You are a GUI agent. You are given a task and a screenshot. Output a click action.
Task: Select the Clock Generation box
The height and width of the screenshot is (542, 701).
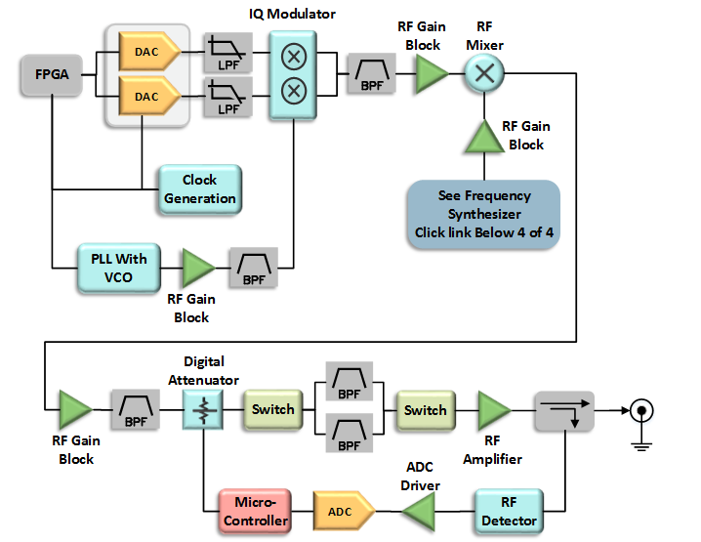click(200, 189)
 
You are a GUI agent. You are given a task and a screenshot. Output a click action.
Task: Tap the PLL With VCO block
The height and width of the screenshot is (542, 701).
click(118, 268)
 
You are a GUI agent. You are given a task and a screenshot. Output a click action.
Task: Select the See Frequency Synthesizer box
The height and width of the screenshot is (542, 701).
click(483, 214)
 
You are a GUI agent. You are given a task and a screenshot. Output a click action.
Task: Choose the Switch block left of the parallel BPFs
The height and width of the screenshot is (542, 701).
click(273, 409)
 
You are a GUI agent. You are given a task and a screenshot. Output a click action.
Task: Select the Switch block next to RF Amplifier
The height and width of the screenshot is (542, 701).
click(426, 410)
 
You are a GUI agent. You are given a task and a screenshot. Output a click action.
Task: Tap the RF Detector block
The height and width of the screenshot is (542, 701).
click(508, 511)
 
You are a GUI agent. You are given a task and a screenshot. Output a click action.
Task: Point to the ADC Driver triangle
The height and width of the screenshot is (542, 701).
click(420, 510)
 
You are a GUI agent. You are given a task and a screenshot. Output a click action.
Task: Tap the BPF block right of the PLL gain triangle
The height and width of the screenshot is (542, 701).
click(254, 267)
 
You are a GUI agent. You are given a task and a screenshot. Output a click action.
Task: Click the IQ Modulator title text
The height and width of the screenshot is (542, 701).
click(292, 13)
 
